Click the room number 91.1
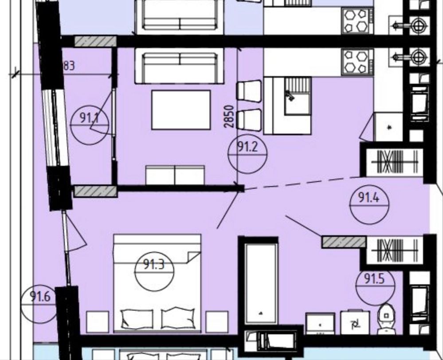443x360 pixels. pyautogui.click(x=89, y=117)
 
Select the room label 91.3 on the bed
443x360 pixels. pyautogui.click(x=154, y=265)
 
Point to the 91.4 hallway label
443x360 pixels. pyautogui.click(x=369, y=197)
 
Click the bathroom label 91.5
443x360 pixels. pyautogui.click(x=375, y=278)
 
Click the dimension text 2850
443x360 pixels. pyautogui.click(x=229, y=117)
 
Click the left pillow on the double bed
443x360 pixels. pyautogui.click(x=137, y=319)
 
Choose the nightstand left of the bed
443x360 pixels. pyautogui.click(x=98, y=321)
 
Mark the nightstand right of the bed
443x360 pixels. pyautogui.click(x=217, y=321)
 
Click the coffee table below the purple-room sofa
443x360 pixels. pyautogui.click(x=181, y=110)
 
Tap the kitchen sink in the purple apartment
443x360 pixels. pyautogui.click(x=297, y=97)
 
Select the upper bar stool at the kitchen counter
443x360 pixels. pyautogui.click(x=249, y=91)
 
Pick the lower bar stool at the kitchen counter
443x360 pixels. pyautogui.click(x=249, y=120)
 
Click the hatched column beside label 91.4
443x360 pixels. pyautogui.click(x=344, y=242)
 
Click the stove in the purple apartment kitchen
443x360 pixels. pyautogui.click(x=357, y=63)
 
